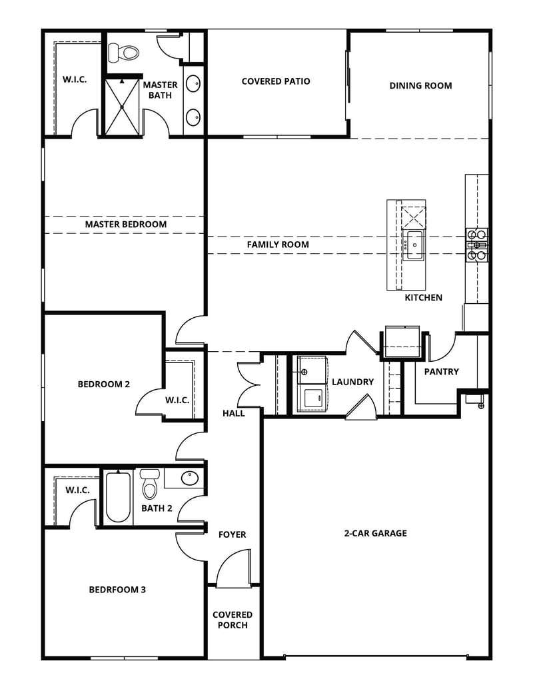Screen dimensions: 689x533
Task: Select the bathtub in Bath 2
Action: pos(118,497)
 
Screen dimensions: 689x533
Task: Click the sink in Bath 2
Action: pos(189,478)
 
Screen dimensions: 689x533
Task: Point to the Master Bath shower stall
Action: pos(121,107)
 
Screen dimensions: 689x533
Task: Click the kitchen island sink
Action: pos(414,245)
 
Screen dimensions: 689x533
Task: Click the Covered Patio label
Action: pos(275,81)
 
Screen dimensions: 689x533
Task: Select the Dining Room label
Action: pos(420,85)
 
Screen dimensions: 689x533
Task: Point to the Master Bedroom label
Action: pos(125,225)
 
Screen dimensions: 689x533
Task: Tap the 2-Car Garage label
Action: pos(375,533)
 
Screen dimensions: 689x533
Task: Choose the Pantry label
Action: pos(441,372)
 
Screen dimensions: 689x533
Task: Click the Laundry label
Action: pos(352,382)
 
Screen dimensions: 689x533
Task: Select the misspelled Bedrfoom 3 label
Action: pos(117,590)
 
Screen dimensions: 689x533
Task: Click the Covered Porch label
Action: pos(233,620)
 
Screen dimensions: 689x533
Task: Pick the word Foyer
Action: pos(232,534)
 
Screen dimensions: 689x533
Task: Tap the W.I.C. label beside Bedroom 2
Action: pos(177,400)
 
